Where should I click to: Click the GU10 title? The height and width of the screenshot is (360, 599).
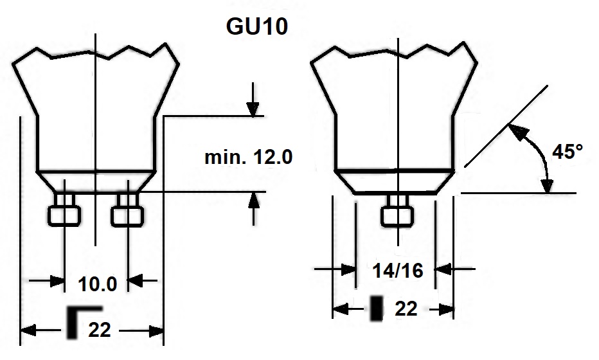click(x=256, y=26)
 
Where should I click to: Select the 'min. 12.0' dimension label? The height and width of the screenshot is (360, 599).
click(x=248, y=157)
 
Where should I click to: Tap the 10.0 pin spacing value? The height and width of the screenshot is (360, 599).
click(x=98, y=284)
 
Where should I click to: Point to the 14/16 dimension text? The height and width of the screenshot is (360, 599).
click(x=398, y=271)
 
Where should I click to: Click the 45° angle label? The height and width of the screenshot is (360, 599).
click(x=568, y=152)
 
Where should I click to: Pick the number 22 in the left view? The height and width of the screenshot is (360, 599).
click(x=100, y=330)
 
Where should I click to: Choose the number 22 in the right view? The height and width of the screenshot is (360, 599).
click(x=406, y=309)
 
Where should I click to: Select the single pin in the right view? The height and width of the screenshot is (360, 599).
click(x=397, y=211)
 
